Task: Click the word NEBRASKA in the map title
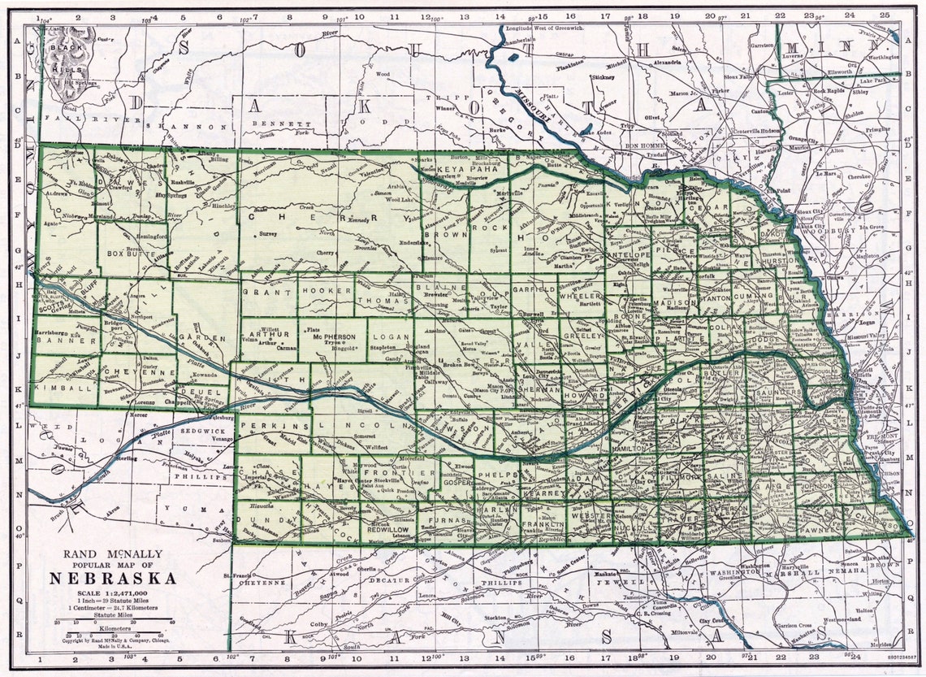click(113, 579)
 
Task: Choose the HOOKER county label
click(326, 289)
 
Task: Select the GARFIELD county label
click(534, 289)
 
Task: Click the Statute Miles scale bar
click(114, 622)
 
